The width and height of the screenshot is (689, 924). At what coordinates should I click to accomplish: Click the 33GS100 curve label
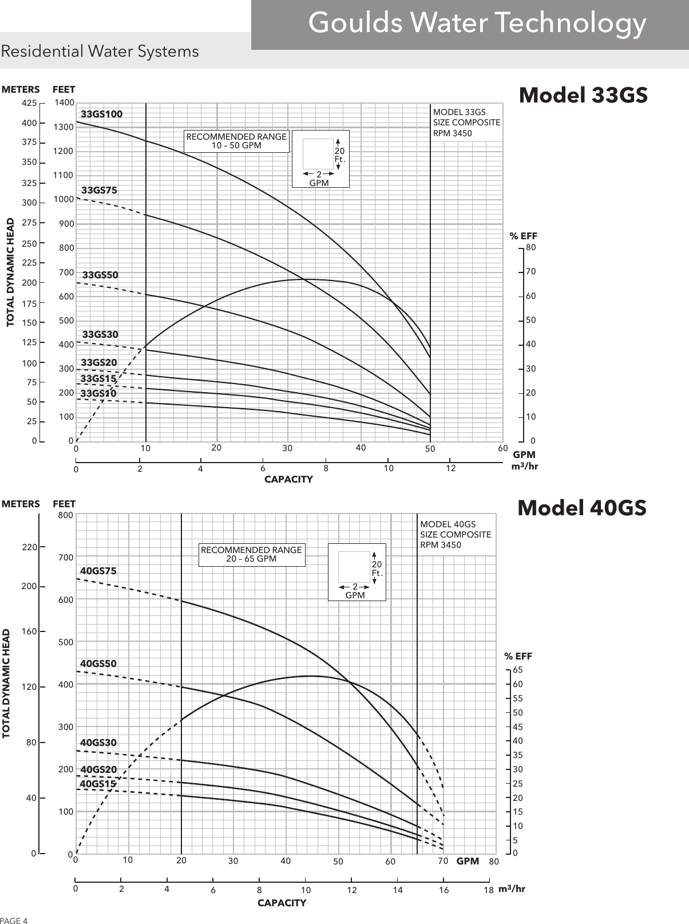coord(101,114)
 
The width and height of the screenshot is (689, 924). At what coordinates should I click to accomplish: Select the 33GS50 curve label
coord(100,275)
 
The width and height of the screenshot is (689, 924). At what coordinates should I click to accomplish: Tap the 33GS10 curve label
coord(98,393)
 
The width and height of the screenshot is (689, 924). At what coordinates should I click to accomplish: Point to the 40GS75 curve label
coord(98,571)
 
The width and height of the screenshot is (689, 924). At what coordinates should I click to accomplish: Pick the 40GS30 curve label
coord(98,742)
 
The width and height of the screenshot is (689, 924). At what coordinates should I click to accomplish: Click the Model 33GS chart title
coord(583,94)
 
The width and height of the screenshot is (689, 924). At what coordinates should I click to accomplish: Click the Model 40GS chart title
coord(582,508)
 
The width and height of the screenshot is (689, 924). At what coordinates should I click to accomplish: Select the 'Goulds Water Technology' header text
coord(477,23)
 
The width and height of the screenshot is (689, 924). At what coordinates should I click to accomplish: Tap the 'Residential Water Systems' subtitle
coord(100,52)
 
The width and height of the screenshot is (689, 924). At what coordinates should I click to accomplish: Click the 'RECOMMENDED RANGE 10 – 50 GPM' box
coord(236,141)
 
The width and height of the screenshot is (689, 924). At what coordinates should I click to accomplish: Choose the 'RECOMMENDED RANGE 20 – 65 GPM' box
coord(252,555)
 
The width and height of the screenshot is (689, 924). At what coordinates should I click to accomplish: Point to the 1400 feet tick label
coord(64,102)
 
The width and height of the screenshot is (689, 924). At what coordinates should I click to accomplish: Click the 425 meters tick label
coord(29,102)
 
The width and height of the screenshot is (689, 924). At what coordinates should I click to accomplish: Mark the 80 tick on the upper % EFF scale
coord(531,247)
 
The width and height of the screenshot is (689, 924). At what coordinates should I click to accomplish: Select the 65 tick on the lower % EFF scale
coord(518,670)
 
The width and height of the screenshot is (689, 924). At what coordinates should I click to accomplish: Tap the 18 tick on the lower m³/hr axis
coord(488,890)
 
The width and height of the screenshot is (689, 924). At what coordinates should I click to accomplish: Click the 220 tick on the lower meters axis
coord(29,547)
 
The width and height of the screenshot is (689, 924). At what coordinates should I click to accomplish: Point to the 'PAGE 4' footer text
coord(14,921)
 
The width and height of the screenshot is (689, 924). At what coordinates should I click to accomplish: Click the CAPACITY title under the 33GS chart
coord(288,480)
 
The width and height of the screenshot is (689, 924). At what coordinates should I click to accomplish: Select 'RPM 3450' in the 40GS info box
coord(441,544)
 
